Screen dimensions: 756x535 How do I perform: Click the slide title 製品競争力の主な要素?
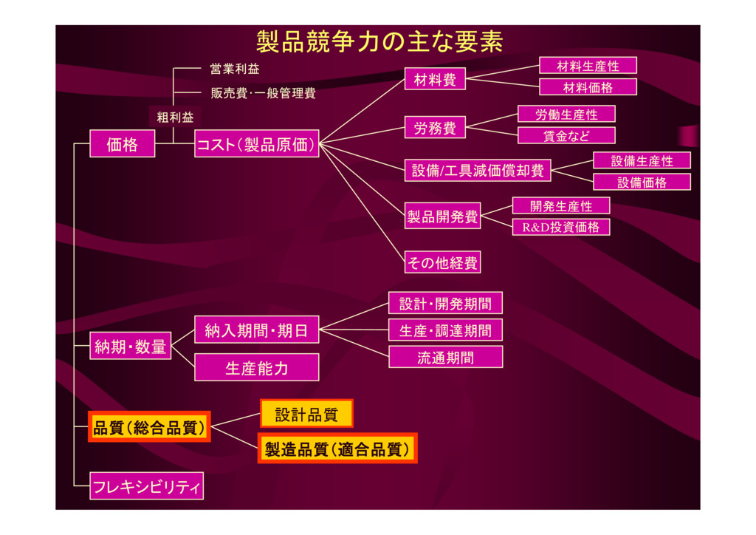pos(379,42)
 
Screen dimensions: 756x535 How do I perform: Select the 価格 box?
pos(123,144)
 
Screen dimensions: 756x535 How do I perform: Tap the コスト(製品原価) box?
pos(256,144)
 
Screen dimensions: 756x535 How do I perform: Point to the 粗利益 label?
pos(175,117)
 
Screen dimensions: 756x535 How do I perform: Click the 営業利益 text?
pos(235,69)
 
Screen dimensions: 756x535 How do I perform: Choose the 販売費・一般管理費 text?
pos(264,93)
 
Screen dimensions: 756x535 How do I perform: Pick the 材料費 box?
pos(435,79)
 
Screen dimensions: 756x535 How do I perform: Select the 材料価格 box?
pos(588,87)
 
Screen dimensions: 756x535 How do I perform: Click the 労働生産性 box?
pos(566,115)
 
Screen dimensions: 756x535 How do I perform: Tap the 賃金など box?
pos(566,135)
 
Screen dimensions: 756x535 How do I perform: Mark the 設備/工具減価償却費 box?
pos(478,170)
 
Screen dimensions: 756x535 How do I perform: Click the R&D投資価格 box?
pos(561,227)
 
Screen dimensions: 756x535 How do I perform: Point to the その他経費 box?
pos(443,262)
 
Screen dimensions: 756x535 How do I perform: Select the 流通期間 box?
pos(445,357)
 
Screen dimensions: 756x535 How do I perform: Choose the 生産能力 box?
pos(256,367)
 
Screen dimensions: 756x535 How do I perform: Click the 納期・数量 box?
pos(130,346)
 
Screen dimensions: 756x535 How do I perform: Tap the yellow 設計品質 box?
pos(306,414)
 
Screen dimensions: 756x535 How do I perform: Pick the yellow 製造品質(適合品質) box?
pos(337,449)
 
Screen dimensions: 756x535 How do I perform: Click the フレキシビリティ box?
pos(147,485)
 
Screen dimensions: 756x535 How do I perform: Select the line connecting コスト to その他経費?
pos(362,202)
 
